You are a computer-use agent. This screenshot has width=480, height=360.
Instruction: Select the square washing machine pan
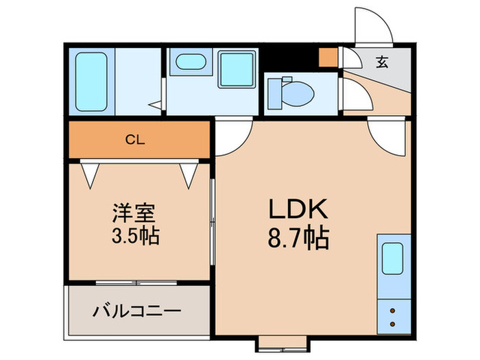[x=237, y=69]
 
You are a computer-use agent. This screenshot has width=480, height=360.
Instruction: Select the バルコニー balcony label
[x=136, y=311]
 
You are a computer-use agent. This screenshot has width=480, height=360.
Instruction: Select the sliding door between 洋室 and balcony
[x=137, y=282]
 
